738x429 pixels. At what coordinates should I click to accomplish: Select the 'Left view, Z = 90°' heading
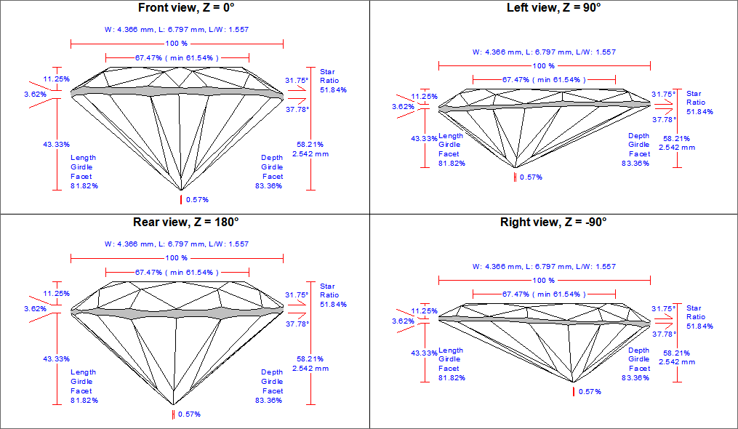tap(553, 8)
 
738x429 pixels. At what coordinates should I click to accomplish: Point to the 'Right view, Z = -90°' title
tap(553, 222)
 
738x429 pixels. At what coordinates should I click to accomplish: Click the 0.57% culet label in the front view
tap(196, 199)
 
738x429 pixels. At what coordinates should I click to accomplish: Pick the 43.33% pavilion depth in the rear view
tap(56, 358)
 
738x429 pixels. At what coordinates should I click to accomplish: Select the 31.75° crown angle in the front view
tap(297, 81)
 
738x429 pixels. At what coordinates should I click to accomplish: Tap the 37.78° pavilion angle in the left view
tap(663, 119)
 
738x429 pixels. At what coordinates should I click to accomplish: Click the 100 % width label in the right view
tap(544, 280)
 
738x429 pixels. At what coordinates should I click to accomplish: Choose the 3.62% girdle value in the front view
tap(35, 94)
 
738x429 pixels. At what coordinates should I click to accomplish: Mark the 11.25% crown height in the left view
tap(424, 96)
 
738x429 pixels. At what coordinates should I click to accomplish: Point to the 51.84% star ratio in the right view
tap(700, 326)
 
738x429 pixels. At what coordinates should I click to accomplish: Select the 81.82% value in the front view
tap(84, 185)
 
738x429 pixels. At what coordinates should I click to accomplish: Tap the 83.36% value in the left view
tap(636, 163)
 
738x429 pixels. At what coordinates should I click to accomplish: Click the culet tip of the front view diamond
tap(181, 191)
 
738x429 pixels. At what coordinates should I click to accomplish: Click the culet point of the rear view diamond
tap(173, 404)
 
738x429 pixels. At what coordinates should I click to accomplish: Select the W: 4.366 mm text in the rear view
tap(129, 244)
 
